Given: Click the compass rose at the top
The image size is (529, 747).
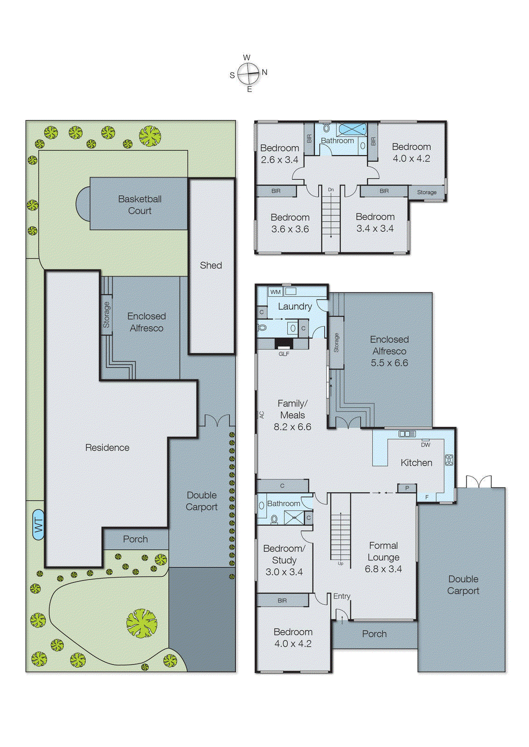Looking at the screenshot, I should coord(248,73).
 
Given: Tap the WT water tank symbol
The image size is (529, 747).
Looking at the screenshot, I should coord(38,525).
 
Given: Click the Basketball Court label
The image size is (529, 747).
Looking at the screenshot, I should coord(140,204).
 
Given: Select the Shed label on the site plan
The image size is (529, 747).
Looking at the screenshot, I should coord(211,265).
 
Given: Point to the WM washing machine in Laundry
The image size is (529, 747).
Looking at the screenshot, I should coord(275,292).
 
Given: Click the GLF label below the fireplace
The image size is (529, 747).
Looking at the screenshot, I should coord(284,354).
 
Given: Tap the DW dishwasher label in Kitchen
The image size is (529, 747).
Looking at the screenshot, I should coord(425,444).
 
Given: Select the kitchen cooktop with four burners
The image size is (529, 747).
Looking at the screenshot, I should coord(449,460).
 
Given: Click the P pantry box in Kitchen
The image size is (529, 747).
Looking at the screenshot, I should coord(407,488).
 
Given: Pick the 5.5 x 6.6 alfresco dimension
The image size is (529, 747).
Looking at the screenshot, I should coord(389,363).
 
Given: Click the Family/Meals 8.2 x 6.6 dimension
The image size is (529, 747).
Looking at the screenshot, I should coord(292,427).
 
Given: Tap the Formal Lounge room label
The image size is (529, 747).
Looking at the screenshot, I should coord(383,551).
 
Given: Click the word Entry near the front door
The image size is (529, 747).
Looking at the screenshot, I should coord(341,596).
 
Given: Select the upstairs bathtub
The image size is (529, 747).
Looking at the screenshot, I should coord(352,129).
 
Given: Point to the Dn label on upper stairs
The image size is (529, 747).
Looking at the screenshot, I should coord(331,190).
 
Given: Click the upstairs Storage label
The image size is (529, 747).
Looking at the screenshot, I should coord(427,192).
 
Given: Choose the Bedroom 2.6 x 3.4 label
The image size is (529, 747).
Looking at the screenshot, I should coord(279,154).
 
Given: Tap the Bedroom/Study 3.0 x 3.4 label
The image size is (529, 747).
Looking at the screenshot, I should coord(284,560).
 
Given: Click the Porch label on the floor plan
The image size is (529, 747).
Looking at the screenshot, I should coord(374,634).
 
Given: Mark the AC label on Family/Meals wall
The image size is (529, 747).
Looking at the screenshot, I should coord(261,414).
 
